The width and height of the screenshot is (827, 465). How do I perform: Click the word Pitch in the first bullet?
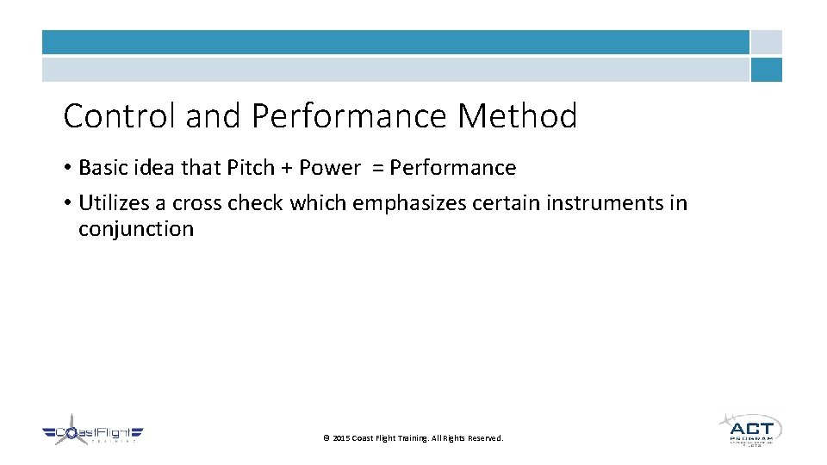(250, 168)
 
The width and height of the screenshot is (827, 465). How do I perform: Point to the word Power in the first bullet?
(329, 168)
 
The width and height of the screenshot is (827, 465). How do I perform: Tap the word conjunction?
(136, 229)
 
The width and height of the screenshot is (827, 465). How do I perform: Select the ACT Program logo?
(750, 429)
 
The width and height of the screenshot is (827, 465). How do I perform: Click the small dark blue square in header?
(766, 70)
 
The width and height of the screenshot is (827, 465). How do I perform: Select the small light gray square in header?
(766, 42)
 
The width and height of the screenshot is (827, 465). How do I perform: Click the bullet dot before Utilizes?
(67, 204)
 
